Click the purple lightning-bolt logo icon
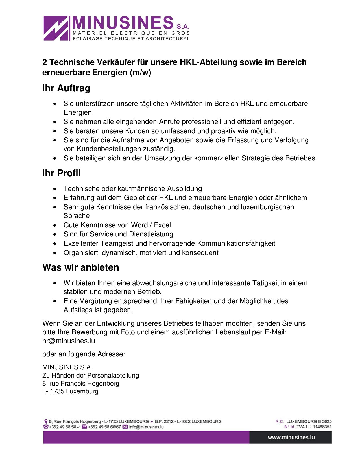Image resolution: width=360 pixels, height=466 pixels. (x=56, y=28)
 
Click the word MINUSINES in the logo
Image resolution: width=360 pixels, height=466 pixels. (x=123, y=23)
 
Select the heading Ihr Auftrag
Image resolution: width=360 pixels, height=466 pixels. (x=66, y=88)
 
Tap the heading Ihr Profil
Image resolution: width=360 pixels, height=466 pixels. (x=62, y=173)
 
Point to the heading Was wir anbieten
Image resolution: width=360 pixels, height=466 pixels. (x=81, y=267)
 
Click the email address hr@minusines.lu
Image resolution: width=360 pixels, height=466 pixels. (x=69, y=341)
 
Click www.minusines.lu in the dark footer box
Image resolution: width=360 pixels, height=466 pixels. (x=291, y=437)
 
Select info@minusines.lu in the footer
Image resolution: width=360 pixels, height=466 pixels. (x=146, y=427)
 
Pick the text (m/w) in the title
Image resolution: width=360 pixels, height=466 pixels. (x=141, y=73)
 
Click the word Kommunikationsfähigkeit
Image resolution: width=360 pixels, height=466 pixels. (x=236, y=243)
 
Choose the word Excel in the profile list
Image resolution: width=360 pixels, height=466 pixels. (x=162, y=225)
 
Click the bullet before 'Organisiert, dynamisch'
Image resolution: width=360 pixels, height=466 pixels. (x=55, y=253)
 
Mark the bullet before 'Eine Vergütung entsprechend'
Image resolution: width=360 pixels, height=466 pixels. (x=55, y=301)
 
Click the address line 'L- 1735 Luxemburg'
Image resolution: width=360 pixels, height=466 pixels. (x=70, y=391)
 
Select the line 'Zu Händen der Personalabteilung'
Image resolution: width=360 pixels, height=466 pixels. (x=91, y=375)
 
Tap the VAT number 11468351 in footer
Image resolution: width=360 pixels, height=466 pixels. (x=322, y=427)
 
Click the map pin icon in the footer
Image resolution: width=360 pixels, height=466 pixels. (x=46, y=421)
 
